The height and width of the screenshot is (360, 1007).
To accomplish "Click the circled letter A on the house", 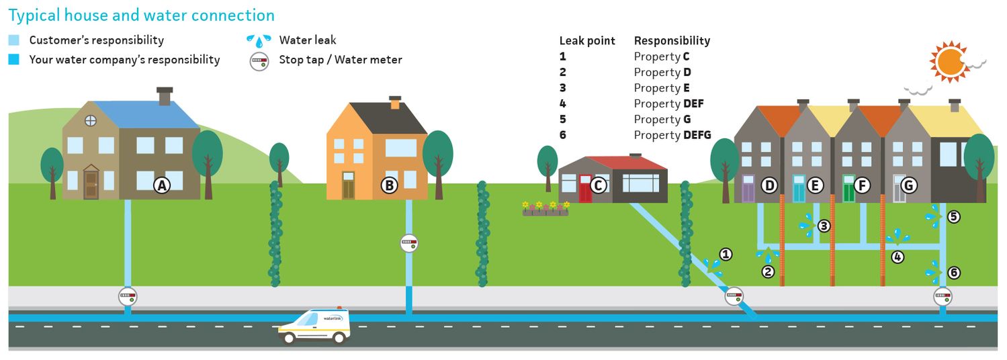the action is click(x=161, y=185).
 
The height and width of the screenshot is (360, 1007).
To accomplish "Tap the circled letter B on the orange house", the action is click(x=389, y=185).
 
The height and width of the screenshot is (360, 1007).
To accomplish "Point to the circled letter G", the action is click(x=908, y=185).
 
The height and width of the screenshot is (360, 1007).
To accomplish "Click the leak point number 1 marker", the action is click(x=725, y=254).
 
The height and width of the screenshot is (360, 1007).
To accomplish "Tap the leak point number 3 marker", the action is click(x=824, y=226).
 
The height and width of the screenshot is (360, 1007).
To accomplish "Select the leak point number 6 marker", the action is click(x=954, y=273).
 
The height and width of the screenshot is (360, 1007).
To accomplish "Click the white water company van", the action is click(x=314, y=326).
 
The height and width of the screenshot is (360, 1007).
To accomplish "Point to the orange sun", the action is click(x=951, y=62).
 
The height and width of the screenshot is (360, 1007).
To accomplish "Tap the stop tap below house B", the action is click(x=409, y=243).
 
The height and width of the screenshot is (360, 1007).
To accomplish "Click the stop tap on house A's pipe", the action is click(x=127, y=296).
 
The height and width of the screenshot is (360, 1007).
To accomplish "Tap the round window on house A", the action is click(x=90, y=121).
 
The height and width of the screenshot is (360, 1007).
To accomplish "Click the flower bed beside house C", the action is click(x=545, y=209).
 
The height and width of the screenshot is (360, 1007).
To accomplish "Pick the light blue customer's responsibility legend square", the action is click(x=14, y=40).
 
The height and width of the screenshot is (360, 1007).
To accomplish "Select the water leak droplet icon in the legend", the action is click(x=259, y=40).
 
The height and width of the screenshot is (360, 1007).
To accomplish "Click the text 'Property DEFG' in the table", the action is click(x=672, y=135).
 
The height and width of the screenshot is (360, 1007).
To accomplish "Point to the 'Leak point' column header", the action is click(x=587, y=41).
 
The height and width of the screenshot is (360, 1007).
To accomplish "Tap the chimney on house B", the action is click(x=395, y=103).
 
